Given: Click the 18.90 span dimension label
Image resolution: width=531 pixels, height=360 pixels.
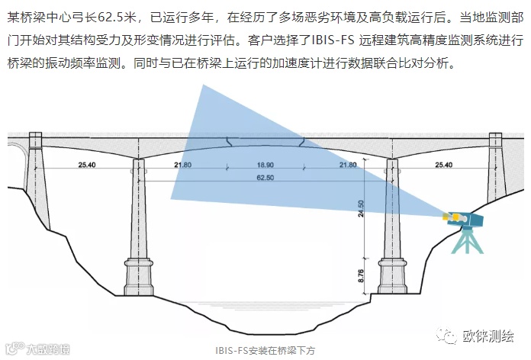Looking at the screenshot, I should point(265,165).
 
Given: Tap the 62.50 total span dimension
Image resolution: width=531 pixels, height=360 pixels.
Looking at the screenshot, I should point(265,178).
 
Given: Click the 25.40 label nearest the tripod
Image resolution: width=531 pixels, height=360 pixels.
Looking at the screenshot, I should point(443,165).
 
